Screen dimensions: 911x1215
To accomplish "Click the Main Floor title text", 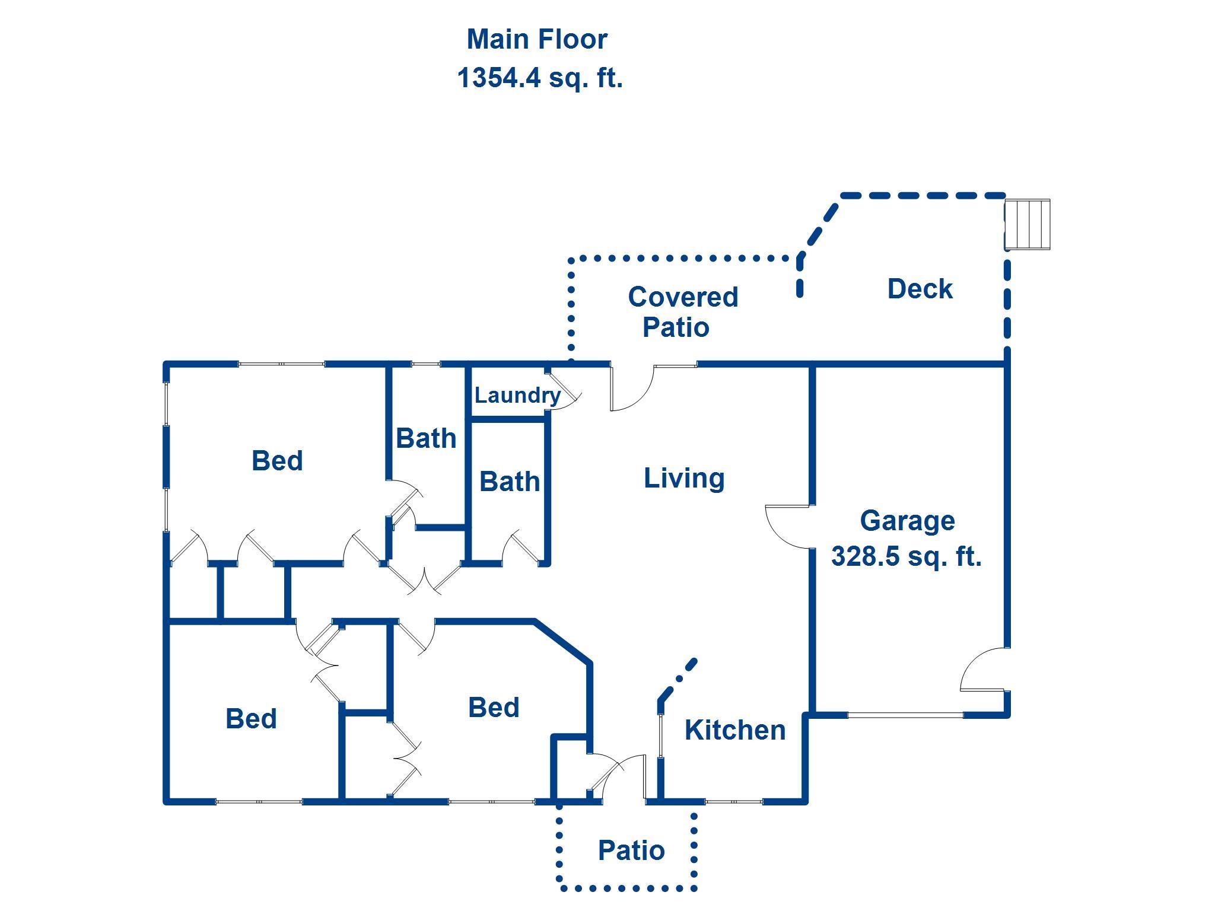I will tap(537, 40).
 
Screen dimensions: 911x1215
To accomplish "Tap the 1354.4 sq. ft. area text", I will tap(540, 78).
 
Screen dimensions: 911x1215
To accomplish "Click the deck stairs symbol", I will tap(1028, 225).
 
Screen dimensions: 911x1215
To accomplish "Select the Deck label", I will tap(920, 289).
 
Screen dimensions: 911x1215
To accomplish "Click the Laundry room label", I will tap(517, 395).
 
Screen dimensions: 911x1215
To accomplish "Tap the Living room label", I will tap(684, 478).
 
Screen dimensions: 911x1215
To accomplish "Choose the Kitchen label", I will tap(735, 730).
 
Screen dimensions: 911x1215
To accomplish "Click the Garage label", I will tap(907, 521).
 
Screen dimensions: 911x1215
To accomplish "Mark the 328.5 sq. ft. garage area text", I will tap(906, 556).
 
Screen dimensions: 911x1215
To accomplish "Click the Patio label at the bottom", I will tap(631, 851).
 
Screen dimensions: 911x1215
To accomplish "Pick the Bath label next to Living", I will tap(510, 482).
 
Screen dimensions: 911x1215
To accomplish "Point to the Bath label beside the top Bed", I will tap(426, 439).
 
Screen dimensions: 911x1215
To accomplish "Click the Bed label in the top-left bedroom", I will tap(277, 461).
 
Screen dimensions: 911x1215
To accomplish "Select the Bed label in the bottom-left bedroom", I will tap(251, 719).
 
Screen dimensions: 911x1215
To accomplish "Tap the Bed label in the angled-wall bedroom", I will tap(494, 708).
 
